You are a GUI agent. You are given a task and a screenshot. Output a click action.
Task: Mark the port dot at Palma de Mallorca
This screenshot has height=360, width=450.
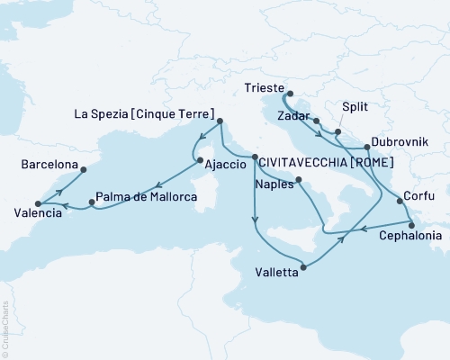[x=92, y=202]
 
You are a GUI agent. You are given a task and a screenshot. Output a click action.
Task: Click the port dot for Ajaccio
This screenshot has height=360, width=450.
[x=199, y=161]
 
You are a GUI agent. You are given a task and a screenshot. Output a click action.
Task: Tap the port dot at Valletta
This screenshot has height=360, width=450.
[x=306, y=266]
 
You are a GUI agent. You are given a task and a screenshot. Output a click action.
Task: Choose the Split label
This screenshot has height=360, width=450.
[x=354, y=106]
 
